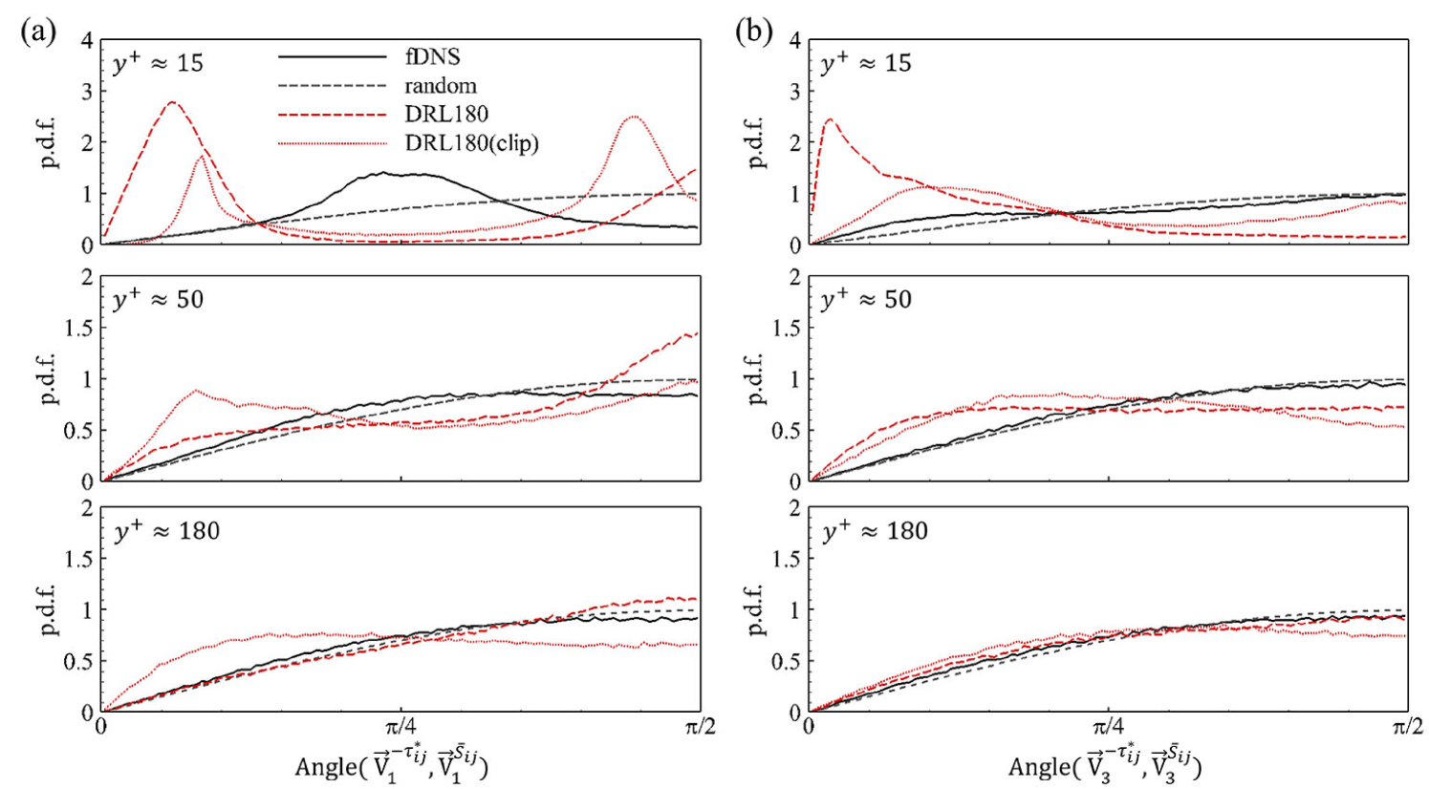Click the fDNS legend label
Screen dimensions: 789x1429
point(432,56)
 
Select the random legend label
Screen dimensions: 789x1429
point(440,86)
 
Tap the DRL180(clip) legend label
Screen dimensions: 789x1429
point(471,143)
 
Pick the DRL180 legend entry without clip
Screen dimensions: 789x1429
point(446,115)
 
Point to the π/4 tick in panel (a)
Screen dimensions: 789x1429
point(401,726)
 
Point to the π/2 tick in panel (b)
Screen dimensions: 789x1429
point(1407,727)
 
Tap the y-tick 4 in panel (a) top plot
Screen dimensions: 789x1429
point(87,41)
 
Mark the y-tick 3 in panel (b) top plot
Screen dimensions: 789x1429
point(794,92)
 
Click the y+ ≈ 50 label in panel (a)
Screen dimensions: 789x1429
point(158,299)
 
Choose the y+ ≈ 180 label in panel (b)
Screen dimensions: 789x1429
point(875,531)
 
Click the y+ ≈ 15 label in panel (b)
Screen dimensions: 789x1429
point(866,64)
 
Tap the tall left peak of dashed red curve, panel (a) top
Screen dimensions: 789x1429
point(172,102)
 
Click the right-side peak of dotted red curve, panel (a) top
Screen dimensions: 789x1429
point(634,117)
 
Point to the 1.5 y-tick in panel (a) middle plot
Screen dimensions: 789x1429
point(80,329)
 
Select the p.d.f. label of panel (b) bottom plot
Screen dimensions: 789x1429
point(758,609)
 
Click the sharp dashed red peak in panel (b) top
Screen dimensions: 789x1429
point(829,119)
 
